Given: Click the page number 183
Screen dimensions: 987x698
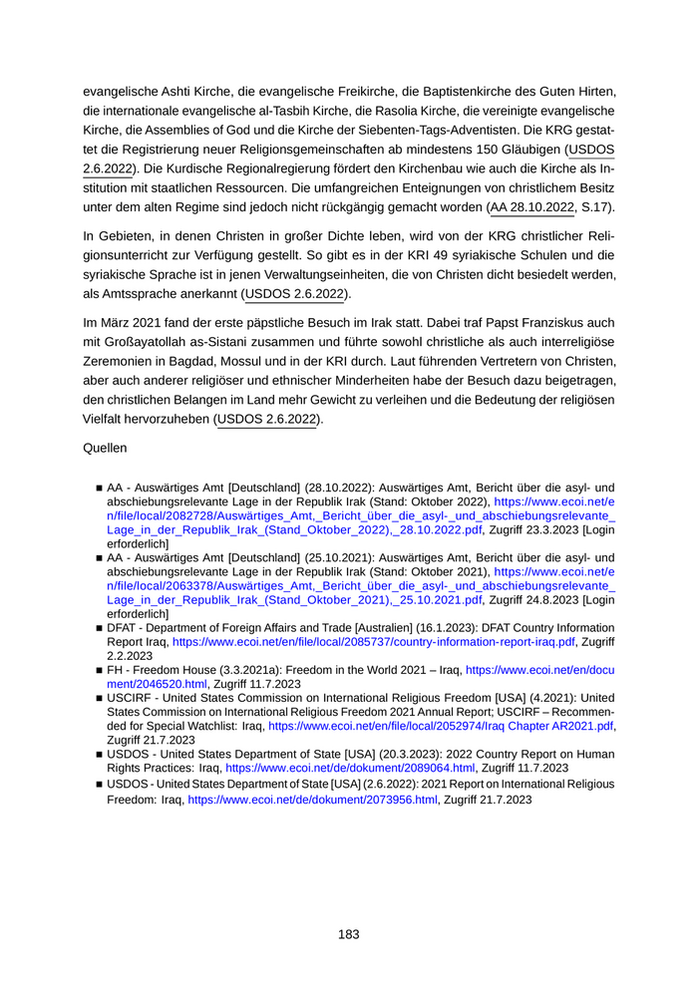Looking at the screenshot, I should point(348,934).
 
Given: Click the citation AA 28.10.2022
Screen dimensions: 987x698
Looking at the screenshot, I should point(532,207).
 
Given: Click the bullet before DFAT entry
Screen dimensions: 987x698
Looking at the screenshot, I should point(100,629).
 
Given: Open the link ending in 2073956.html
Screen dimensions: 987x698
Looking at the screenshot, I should point(313,800).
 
